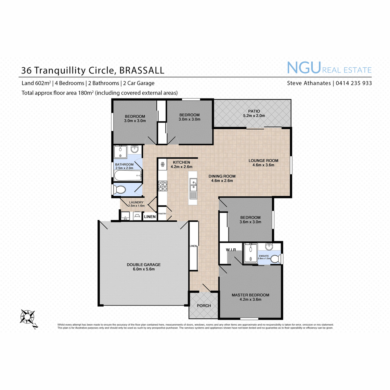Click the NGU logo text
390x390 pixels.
pyautogui.click(x=304, y=68)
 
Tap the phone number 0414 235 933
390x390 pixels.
pyautogui.click(x=354, y=83)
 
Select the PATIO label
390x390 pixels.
pyautogui.click(x=254, y=111)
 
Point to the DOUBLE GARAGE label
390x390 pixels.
pyautogui.click(x=144, y=265)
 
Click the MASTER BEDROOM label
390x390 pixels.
pyautogui.click(x=250, y=295)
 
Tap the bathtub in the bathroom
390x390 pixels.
pyautogui.click(x=127, y=175)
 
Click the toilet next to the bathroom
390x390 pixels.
pyautogui.click(x=119, y=189)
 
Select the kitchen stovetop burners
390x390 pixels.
pyautogui.click(x=163, y=187)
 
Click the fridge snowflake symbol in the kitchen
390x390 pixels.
pyautogui.click(x=162, y=164)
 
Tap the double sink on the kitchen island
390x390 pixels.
pyautogui.click(x=193, y=185)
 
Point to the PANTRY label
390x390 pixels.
pyautogui.click(x=162, y=214)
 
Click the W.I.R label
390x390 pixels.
pyautogui.click(x=231, y=250)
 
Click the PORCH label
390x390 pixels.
pyautogui.click(x=204, y=305)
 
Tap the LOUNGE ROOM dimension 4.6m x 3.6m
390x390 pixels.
pyautogui.click(x=263, y=165)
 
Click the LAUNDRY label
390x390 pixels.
pyautogui.click(x=136, y=202)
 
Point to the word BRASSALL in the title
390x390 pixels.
pyautogui.click(x=142, y=71)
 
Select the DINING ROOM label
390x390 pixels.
pyautogui.click(x=222, y=176)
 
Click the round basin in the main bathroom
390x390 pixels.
pyautogui.click(x=135, y=149)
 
